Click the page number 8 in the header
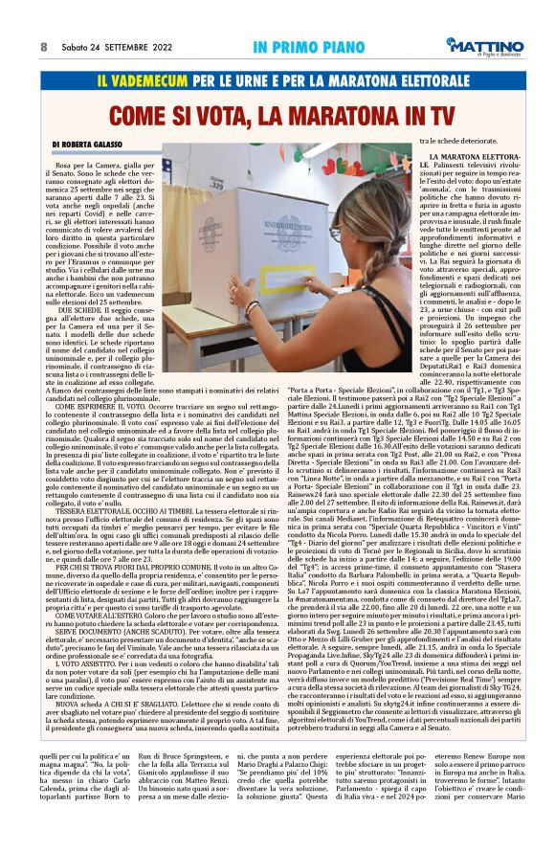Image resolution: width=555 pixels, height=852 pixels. pos(44,46)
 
